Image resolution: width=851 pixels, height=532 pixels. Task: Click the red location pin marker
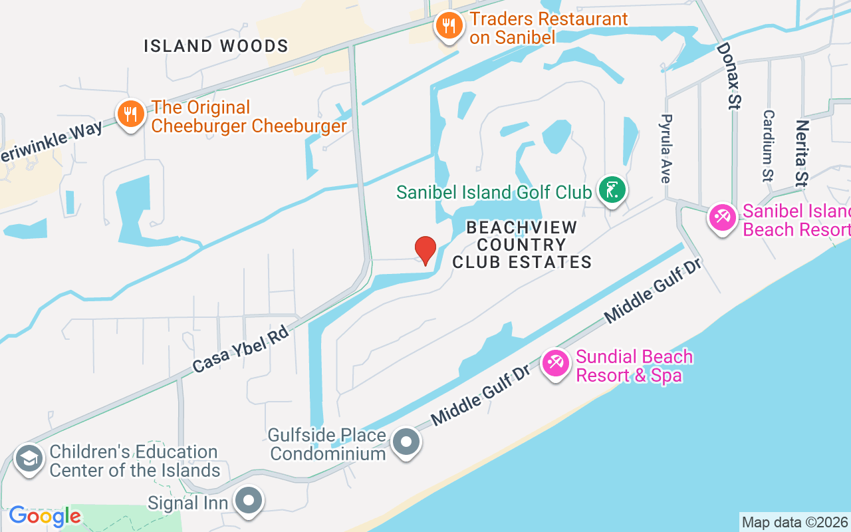(425, 251)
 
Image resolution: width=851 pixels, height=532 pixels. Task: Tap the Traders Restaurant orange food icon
(449, 27)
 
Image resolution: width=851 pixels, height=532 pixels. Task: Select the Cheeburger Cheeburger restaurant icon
(131, 114)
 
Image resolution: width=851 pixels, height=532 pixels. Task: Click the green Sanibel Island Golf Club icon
(612, 190)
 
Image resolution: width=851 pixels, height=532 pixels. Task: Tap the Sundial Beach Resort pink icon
(556, 363)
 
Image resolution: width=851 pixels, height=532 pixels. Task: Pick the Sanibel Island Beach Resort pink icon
(722, 217)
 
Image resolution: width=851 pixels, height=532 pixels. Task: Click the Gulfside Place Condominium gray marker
(406, 442)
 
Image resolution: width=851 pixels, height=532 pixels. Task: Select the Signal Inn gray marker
(249, 501)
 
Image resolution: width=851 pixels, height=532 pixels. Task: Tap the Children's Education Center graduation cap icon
(29, 459)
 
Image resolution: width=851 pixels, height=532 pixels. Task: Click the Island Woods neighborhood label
(216, 46)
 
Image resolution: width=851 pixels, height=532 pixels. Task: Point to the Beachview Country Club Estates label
(522, 245)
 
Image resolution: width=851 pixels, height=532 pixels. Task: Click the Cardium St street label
(768, 146)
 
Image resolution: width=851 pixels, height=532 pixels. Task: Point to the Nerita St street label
(802, 152)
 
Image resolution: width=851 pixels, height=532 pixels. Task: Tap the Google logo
(45, 516)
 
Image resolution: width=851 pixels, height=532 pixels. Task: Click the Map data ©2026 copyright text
(794, 522)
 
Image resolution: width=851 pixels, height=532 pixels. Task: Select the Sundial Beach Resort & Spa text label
(634, 366)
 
